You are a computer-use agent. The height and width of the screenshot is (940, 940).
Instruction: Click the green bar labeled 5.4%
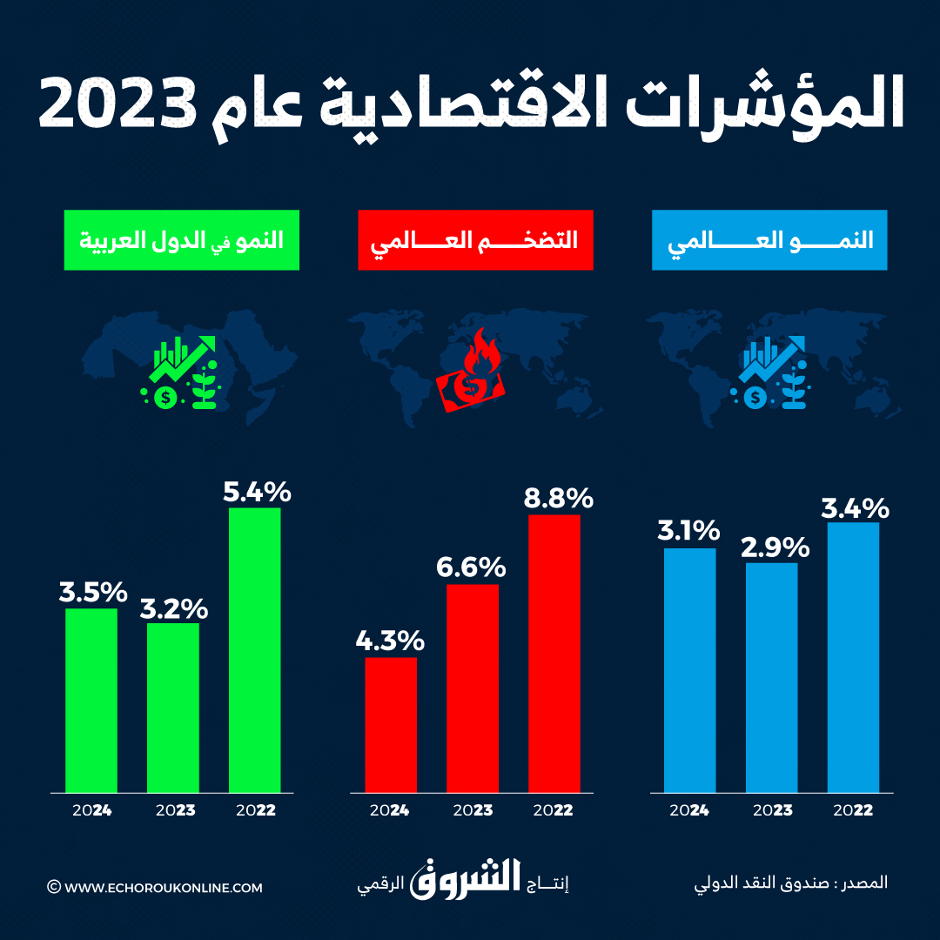point(254,649)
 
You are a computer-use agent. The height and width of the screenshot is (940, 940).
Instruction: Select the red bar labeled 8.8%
point(554,653)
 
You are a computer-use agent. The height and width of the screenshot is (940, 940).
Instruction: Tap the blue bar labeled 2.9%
point(771,677)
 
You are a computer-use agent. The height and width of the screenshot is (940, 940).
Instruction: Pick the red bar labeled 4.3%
point(390,724)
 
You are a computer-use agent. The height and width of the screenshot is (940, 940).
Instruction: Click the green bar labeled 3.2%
point(172,707)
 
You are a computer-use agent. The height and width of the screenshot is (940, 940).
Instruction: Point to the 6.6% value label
point(471,567)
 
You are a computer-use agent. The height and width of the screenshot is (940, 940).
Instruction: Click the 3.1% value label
point(689,530)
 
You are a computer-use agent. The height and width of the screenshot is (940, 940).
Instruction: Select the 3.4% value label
point(854,507)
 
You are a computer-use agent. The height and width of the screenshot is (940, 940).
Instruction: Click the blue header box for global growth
point(769,240)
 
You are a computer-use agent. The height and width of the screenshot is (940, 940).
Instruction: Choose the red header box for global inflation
point(475,240)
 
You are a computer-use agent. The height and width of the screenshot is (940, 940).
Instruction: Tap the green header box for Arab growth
point(181,240)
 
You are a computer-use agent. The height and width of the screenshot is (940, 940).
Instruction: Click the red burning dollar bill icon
point(470,376)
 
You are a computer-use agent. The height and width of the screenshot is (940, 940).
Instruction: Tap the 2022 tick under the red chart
point(553,810)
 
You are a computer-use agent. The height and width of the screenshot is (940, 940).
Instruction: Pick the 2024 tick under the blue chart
point(689,810)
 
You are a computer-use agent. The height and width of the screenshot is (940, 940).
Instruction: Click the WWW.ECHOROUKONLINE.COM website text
point(163,888)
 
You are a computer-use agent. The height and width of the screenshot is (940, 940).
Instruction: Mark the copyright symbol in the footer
point(54,888)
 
